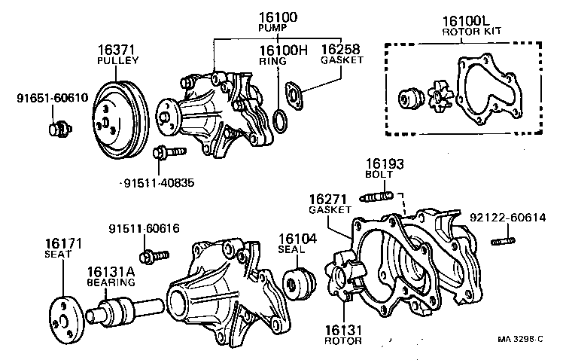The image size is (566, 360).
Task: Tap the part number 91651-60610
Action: (52, 98)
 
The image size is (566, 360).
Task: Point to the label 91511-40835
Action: (156, 182)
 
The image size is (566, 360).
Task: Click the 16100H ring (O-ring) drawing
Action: (278, 120)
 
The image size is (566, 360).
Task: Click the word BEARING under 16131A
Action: (110, 283)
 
